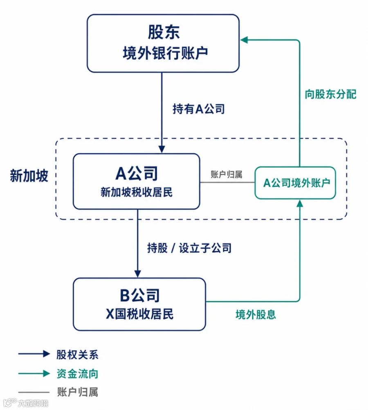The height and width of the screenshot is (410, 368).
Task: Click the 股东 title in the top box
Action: click(x=164, y=32)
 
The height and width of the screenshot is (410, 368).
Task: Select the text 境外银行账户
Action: click(x=165, y=53)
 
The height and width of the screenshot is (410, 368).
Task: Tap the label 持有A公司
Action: click(x=199, y=109)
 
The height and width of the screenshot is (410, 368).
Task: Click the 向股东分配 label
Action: click(x=331, y=94)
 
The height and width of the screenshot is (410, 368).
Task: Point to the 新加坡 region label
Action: click(x=29, y=175)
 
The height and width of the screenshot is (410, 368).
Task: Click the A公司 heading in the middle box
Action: click(x=137, y=173)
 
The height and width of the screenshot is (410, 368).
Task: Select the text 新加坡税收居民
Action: click(x=137, y=192)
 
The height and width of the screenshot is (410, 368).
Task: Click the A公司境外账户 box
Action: click(x=295, y=183)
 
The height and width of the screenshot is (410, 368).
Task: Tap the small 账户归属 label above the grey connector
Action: click(x=227, y=174)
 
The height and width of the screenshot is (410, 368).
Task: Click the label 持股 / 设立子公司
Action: click(x=189, y=248)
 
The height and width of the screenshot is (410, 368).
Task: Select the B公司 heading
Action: click(x=140, y=295)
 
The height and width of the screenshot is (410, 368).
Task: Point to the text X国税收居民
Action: click(x=139, y=314)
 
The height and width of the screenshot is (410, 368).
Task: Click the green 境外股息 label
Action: click(x=256, y=314)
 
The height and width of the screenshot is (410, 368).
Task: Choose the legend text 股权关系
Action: click(x=77, y=355)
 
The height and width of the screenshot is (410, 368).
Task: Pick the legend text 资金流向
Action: click(x=77, y=374)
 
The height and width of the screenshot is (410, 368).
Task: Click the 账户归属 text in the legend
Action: click(x=77, y=392)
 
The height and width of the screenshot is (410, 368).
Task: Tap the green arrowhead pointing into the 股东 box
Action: click(x=244, y=40)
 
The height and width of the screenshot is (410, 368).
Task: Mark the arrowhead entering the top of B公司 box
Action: click(x=138, y=274)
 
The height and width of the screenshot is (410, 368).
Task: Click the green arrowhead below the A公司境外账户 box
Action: click(x=300, y=203)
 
